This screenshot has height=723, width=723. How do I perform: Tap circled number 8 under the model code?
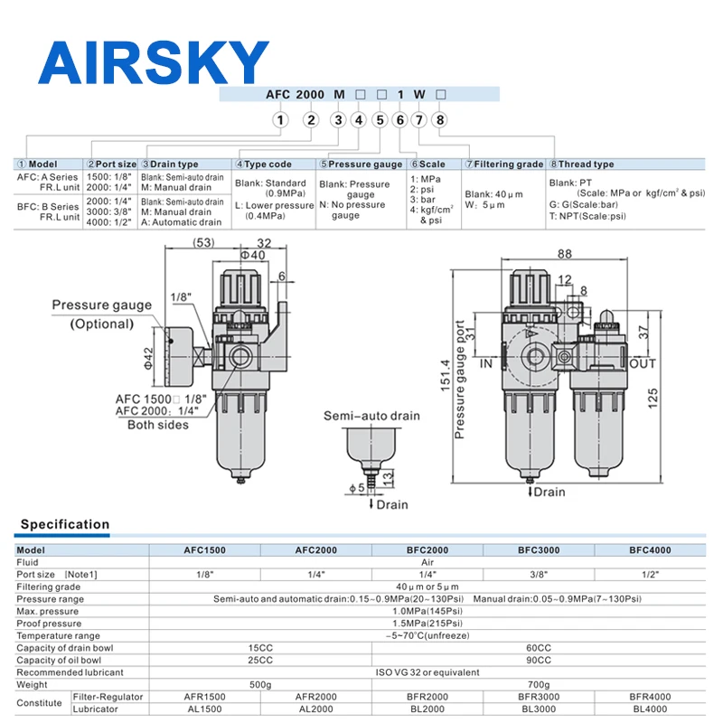click(x=440, y=119)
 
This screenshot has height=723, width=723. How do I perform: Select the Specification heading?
click(x=65, y=524)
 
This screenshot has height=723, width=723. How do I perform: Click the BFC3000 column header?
click(x=539, y=549)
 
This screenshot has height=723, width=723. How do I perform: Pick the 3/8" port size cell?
click(x=539, y=574)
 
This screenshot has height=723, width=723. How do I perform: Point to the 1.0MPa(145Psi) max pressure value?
click(x=427, y=611)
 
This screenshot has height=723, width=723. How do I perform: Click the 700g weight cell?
click(x=539, y=684)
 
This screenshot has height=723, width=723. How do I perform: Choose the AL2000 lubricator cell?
click(x=315, y=709)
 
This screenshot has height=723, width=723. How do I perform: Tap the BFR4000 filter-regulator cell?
click(x=651, y=697)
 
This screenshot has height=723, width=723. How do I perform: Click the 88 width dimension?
click(x=567, y=256)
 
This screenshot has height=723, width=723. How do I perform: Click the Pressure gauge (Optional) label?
click(x=101, y=315)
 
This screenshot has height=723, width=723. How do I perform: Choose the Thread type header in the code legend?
click(x=586, y=164)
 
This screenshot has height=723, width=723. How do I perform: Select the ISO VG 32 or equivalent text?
click(x=427, y=672)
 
